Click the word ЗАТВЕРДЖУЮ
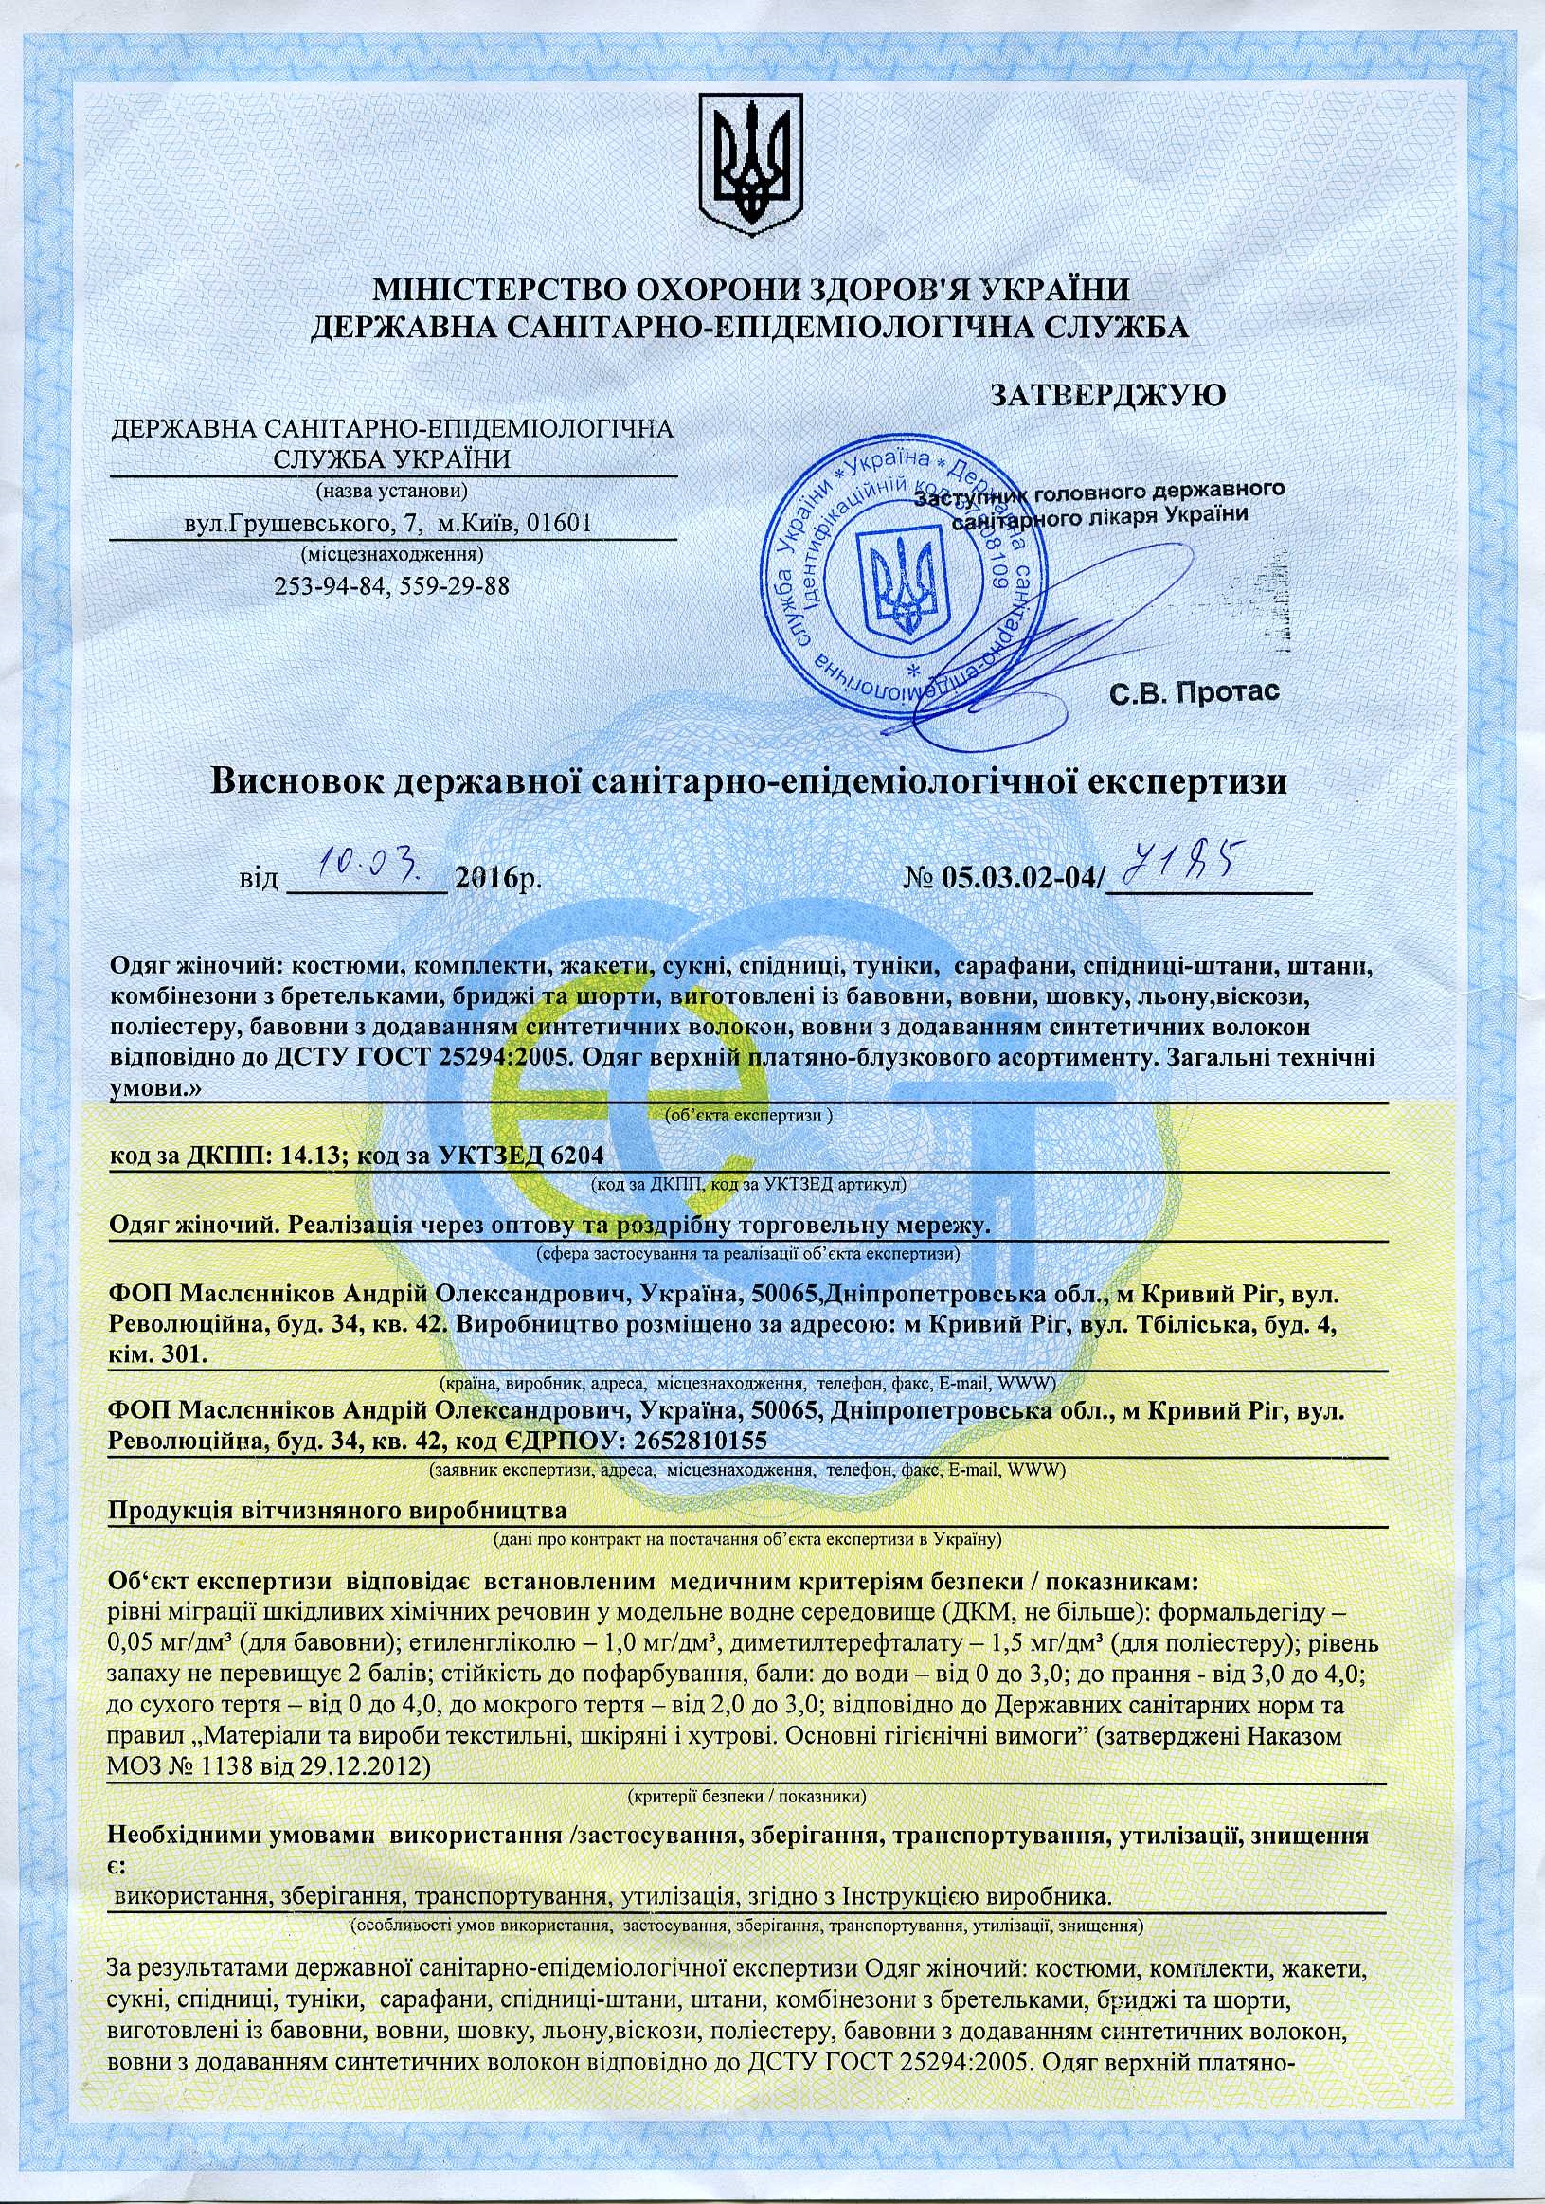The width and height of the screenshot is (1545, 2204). click(x=1106, y=395)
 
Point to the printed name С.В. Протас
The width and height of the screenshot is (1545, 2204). click(x=1195, y=691)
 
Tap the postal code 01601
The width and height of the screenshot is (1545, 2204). click(x=556, y=524)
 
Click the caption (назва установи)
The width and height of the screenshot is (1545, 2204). click(x=392, y=492)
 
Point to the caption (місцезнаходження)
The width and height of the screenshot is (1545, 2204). click(x=392, y=554)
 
